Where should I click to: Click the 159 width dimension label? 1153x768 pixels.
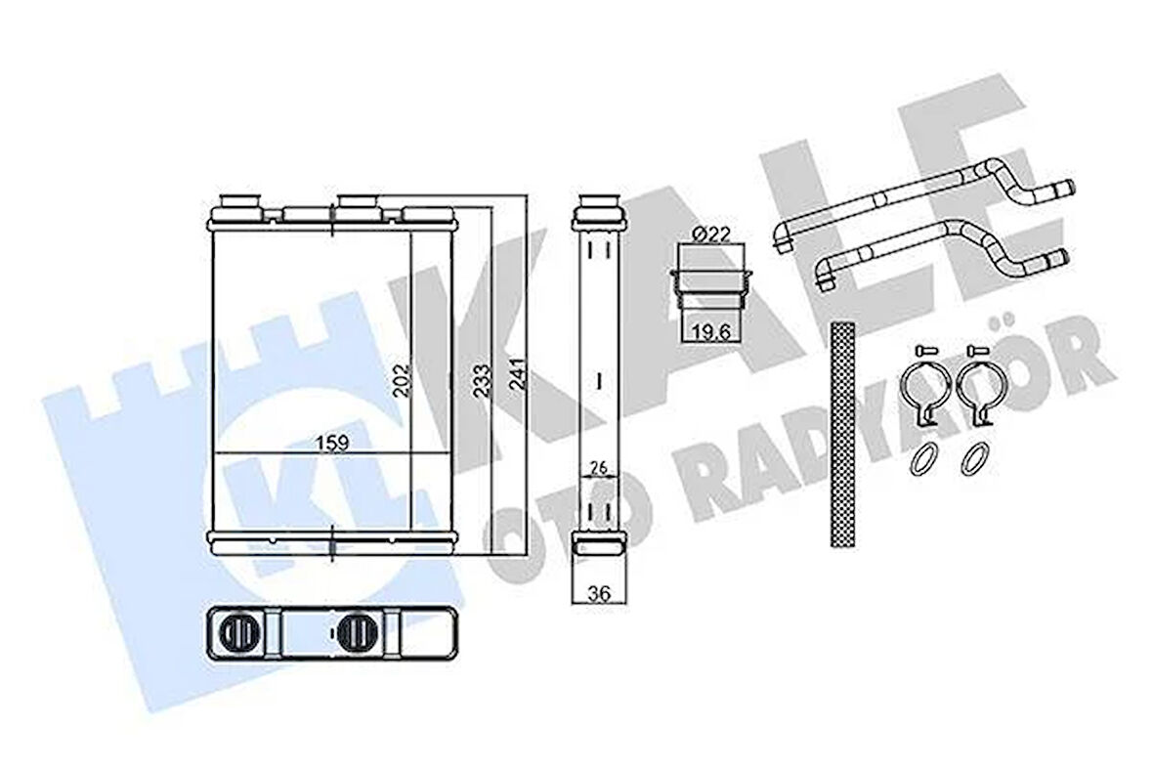pos(331,443)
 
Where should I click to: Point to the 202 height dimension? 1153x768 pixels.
pos(402,379)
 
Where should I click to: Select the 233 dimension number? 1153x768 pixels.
pos(482,380)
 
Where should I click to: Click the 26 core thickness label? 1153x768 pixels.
pos(599,466)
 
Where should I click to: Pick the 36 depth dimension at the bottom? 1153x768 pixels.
pos(599,593)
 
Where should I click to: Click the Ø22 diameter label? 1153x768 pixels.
pos(710,235)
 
